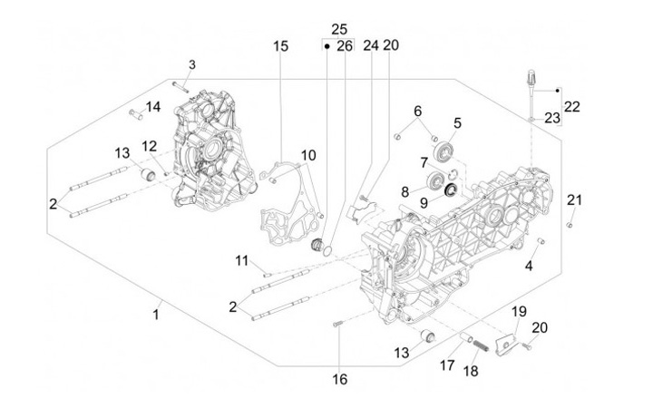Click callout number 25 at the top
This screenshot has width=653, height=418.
click(x=339, y=30)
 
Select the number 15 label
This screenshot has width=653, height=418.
click(x=280, y=46)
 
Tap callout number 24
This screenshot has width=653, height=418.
click(x=371, y=45)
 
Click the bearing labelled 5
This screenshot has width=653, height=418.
click(x=443, y=150)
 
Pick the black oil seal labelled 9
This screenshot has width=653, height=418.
click(x=452, y=190)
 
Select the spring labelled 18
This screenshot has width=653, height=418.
click(x=480, y=345)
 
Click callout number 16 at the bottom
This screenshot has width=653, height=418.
click(x=339, y=379)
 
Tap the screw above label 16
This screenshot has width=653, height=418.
click(x=337, y=324)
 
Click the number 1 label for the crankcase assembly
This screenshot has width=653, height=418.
click(x=156, y=314)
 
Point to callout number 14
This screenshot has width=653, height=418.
click(x=153, y=107)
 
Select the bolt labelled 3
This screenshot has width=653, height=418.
click(x=180, y=87)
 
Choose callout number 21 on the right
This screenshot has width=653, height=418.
click(x=574, y=200)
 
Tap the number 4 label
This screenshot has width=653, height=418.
click(x=529, y=266)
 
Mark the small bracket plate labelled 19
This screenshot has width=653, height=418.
click(x=506, y=344)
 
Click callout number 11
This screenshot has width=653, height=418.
click(x=241, y=261)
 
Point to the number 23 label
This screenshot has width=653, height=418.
click(x=552, y=118)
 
